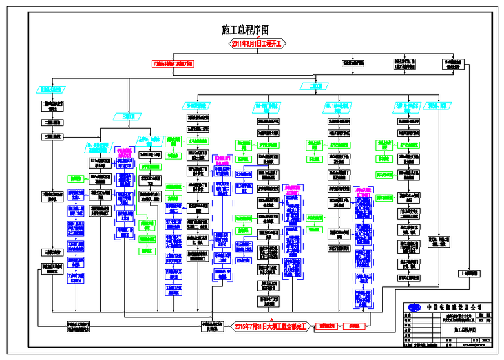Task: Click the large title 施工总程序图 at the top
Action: tap(244, 30)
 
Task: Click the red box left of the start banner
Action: tap(173, 63)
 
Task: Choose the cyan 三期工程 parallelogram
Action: tap(127, 117)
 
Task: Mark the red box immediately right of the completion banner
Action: tap(326, 325)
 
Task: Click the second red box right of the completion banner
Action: tap(353, 325)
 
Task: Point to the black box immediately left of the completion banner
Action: tap(212, 326)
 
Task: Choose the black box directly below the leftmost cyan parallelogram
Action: tap(52, 105)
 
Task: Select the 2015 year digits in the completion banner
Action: tap(244, 325)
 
